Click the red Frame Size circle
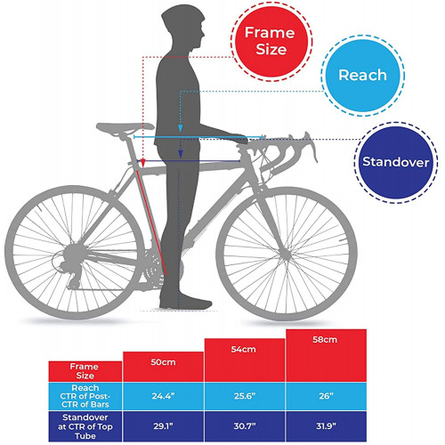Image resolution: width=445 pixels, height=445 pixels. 271,42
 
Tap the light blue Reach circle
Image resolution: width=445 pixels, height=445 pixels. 362,76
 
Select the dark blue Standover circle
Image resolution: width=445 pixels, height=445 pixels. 396,162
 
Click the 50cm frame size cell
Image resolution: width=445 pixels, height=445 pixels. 163,367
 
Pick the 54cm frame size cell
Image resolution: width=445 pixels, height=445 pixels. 245,360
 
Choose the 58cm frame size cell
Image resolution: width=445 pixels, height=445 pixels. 326,355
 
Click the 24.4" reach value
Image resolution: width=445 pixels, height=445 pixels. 163,396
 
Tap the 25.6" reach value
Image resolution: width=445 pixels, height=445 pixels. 245,396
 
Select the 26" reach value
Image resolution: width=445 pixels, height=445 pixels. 326,396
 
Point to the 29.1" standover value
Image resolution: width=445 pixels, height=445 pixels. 163,426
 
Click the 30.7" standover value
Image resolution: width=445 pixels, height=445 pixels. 245,426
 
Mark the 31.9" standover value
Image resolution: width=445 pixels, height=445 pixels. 326,426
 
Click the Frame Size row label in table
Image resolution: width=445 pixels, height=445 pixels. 85,371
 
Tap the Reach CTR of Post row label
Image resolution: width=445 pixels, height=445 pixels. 85,396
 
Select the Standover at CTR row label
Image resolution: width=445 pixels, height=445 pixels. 85,426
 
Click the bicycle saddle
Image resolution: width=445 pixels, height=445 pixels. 125,127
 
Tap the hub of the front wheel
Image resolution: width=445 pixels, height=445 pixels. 286,255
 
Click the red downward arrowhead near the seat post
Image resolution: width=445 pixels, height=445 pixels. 143,163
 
